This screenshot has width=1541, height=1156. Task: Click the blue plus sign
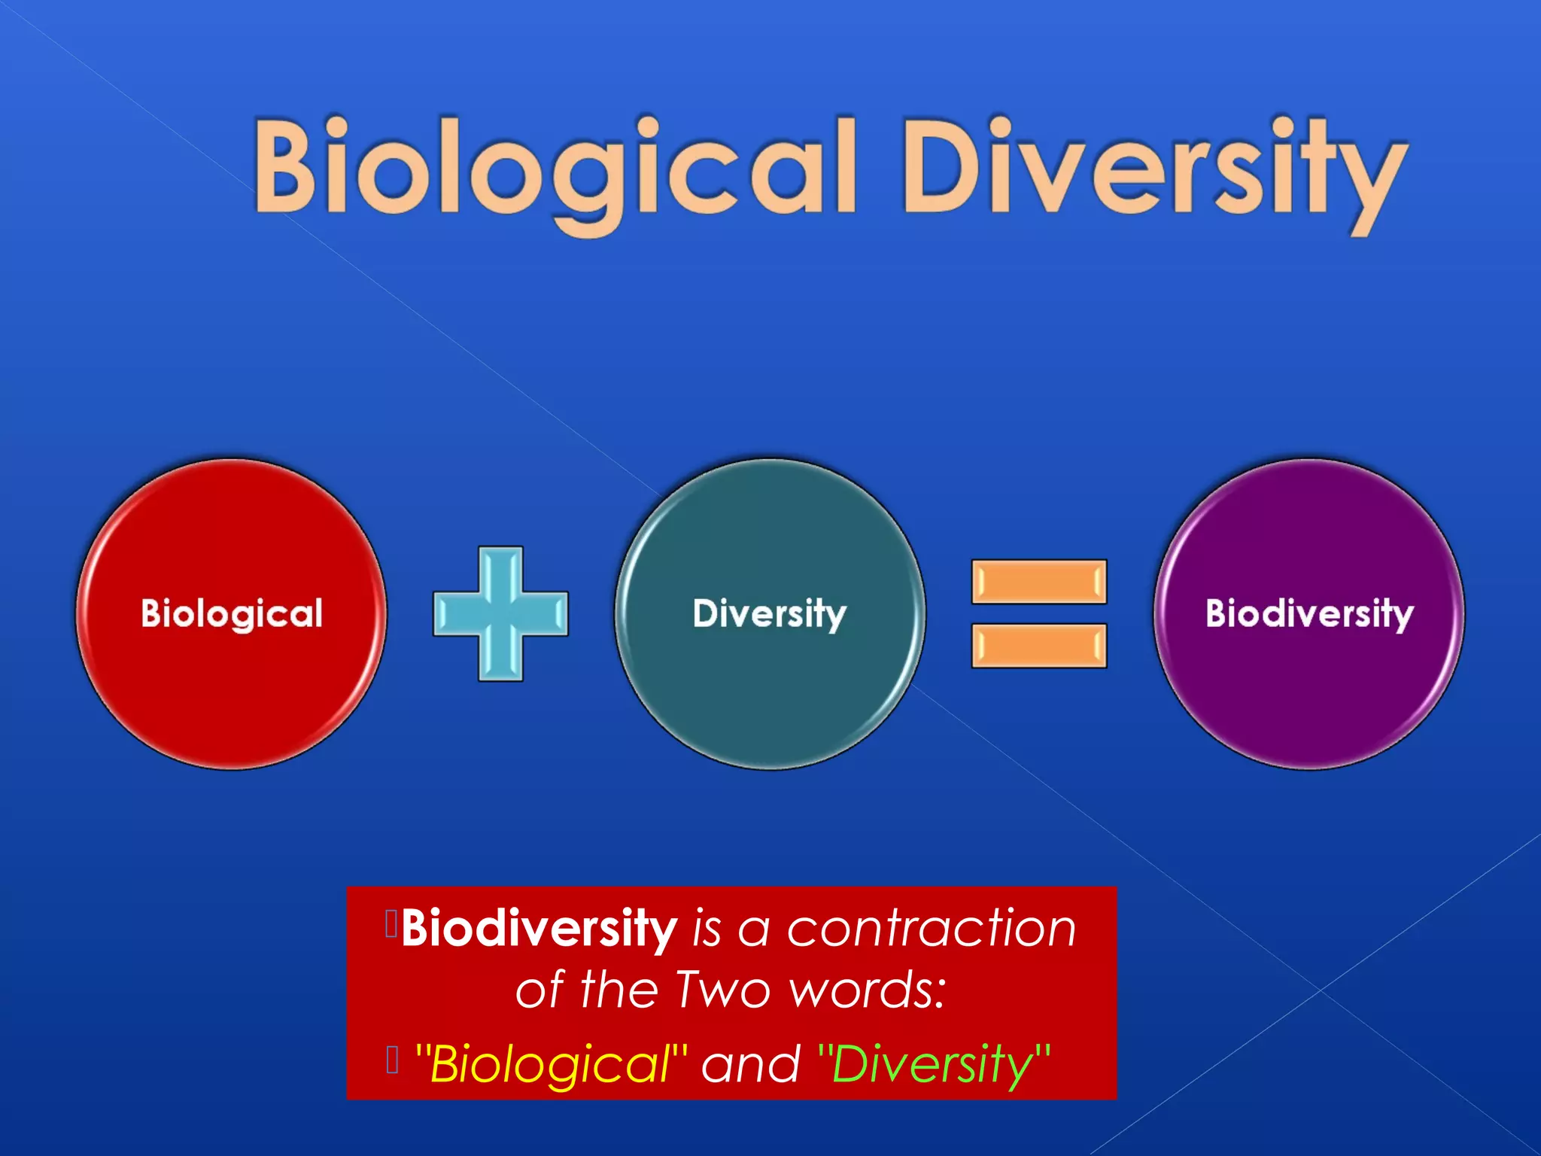coord(500,613)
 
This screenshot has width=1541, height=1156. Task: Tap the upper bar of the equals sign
coord(1038,582)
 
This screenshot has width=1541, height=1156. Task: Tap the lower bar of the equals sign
coord(1038,646)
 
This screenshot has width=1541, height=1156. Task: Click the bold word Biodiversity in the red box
coord(539,929)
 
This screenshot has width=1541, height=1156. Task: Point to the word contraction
coord(932,929)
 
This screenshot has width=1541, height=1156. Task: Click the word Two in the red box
coord(722,989)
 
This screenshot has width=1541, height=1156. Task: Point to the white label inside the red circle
coord(231,613)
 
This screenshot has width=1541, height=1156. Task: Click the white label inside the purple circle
coord(1309,613)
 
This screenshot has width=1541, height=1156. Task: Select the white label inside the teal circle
coord(770,613)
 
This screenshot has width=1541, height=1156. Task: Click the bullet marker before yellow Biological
coord(391,1059)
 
